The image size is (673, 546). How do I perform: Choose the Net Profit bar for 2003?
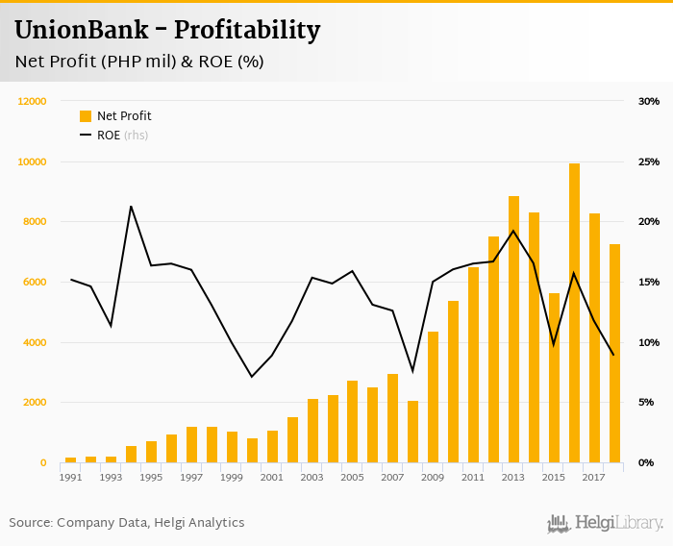[312, 431]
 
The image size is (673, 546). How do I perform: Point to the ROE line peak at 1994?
[131, 206]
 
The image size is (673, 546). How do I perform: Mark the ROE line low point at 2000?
[252, 376]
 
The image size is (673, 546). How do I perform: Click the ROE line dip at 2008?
[412, 371]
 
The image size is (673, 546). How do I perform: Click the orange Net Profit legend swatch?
[86, 116]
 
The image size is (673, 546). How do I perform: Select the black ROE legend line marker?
[86, 136]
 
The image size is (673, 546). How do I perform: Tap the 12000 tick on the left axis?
[33, 101]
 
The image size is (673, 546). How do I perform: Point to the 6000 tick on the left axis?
[36, 282]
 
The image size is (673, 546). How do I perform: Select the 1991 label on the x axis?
[70, 477]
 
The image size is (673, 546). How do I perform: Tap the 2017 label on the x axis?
[594, 477]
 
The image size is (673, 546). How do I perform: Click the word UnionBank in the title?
[82, 30]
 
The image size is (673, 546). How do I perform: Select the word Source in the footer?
[30, 523]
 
